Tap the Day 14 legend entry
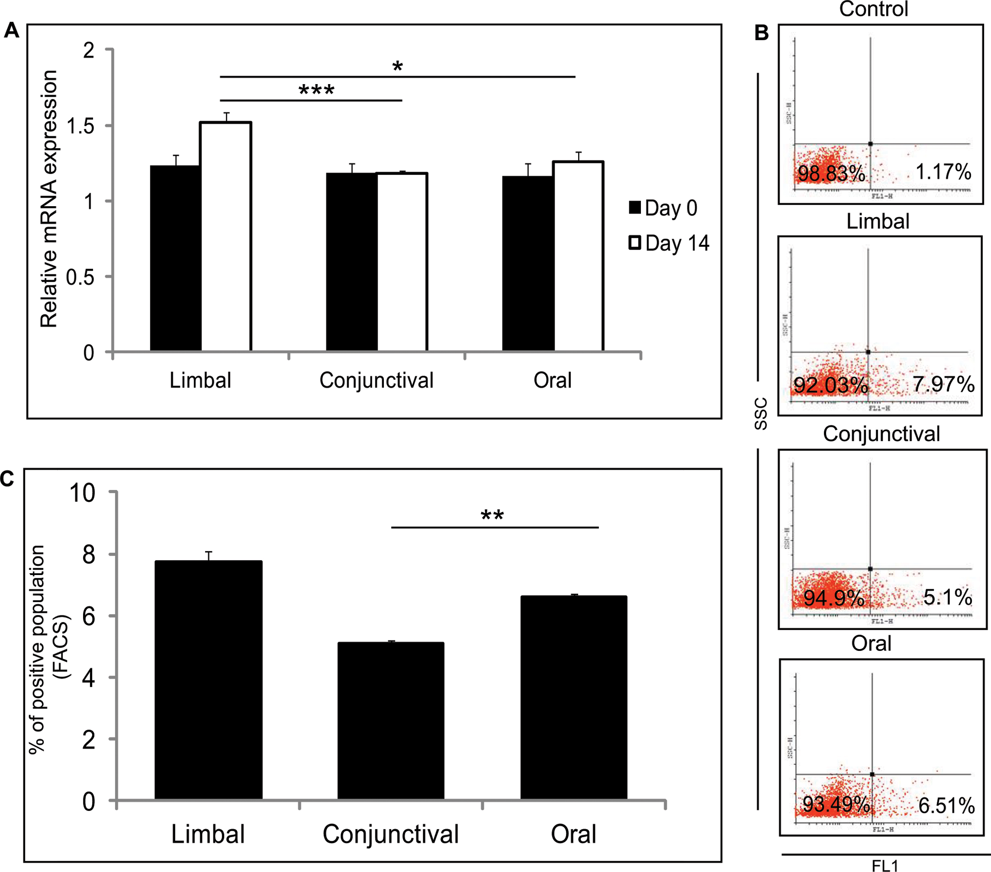(669, 243)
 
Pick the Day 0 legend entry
(663, 208)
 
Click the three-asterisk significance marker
(316, 90)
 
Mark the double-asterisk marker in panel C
(492, 516)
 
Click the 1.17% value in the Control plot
(943, 172)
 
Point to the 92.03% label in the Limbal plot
(831, 385)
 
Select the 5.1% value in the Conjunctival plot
(947, 597)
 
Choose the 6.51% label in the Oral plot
(946, 806)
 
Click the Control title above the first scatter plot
(874, 9)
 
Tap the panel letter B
(762, 33)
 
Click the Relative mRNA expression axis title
(49, 199)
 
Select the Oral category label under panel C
(573, 834)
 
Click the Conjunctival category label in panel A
(376, 380)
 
